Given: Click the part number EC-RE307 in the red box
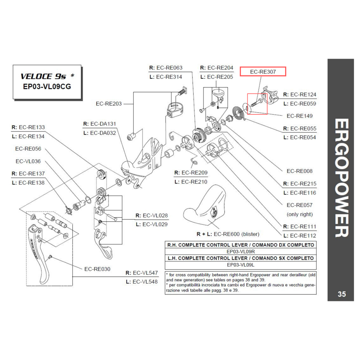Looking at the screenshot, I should [263, 72].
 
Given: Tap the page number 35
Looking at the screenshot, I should [342, 294].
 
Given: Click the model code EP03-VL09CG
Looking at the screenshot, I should [47, 87].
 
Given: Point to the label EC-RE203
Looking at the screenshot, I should [109, 104].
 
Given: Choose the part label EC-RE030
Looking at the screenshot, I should [97, 269].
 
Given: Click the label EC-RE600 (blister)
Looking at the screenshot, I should [228, 234].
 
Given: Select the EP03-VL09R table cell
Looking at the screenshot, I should [240, 251].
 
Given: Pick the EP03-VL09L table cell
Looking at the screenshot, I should [240, 265].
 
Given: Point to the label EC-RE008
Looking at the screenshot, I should [300, 171].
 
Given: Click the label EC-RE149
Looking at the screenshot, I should [300, 116].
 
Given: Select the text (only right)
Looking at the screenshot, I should [300, 214].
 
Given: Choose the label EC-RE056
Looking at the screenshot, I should [28, 148].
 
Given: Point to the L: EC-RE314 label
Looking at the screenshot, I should [166, 77].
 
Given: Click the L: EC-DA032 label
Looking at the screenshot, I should [99, 133].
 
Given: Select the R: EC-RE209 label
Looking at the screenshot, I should [191, 172].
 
